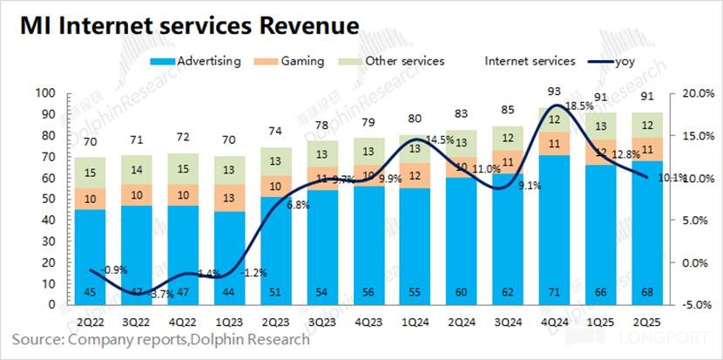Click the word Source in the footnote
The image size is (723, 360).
[39, 337]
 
